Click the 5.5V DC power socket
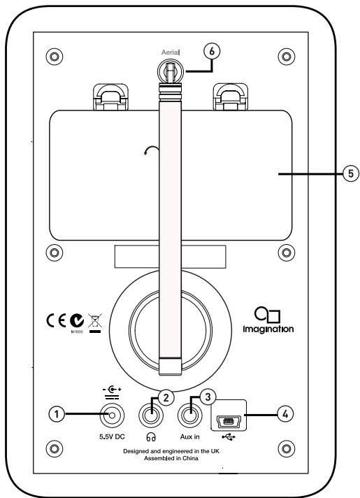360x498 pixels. (112, 418)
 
